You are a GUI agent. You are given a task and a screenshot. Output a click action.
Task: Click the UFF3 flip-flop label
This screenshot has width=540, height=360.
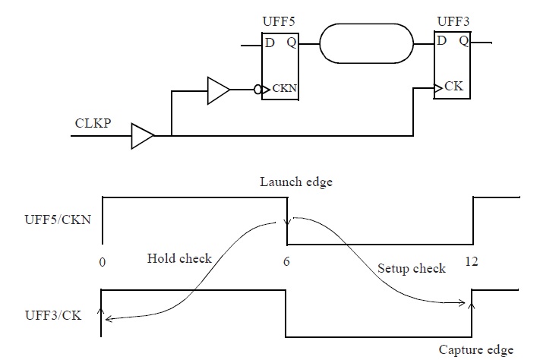tap(453, 21)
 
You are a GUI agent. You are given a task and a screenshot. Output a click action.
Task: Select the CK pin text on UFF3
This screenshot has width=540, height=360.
tap(453, 87)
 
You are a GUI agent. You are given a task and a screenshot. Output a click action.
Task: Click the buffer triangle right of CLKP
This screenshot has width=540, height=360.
tap(142, 137)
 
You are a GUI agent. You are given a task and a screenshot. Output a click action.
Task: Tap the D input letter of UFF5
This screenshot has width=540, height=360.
tap(269, 43)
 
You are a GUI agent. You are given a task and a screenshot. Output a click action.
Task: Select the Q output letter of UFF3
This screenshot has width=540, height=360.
tap(463, 41)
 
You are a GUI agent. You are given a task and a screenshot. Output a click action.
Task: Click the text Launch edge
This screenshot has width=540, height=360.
tap(296, 182)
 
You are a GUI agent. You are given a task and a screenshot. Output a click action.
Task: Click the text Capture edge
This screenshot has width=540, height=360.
tap(476, 350)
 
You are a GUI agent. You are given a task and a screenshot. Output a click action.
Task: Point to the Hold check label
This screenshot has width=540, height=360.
tap(179, 258)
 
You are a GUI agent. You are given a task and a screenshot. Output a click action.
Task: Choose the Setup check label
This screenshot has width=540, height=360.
tap(411, 269)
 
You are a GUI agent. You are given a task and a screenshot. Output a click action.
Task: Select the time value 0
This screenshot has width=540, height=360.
tap(102, 262)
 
